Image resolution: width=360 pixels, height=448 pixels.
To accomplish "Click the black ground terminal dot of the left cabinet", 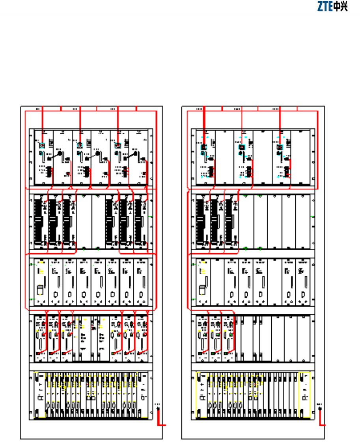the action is tap(158, 409).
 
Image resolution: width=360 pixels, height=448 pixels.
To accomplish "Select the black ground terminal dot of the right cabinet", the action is tap(319, 409).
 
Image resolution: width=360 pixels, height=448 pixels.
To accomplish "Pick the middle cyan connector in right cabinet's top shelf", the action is tap(241, 148).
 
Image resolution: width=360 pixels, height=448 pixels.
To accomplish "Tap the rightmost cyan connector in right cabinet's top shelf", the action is tap(280, 148).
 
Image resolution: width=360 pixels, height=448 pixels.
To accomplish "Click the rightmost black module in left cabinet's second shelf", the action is tap(140, 222).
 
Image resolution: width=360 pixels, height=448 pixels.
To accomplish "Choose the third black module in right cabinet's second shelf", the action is tap(230, 222).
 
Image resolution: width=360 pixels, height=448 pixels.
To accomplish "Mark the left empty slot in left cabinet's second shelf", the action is tap(84, 222).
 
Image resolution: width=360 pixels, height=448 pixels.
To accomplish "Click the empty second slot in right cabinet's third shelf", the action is tap(216, 282).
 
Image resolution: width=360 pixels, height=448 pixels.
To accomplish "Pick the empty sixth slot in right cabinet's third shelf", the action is tap(274, 282).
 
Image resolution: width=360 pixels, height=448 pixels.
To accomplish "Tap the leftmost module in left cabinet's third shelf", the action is tap(41, 282).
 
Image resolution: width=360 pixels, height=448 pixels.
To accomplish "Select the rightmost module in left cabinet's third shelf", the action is tap(141, 282).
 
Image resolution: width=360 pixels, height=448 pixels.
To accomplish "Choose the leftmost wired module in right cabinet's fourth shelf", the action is tap(202, 337).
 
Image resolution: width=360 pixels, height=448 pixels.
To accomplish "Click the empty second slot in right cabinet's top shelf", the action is tap(224, 157).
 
